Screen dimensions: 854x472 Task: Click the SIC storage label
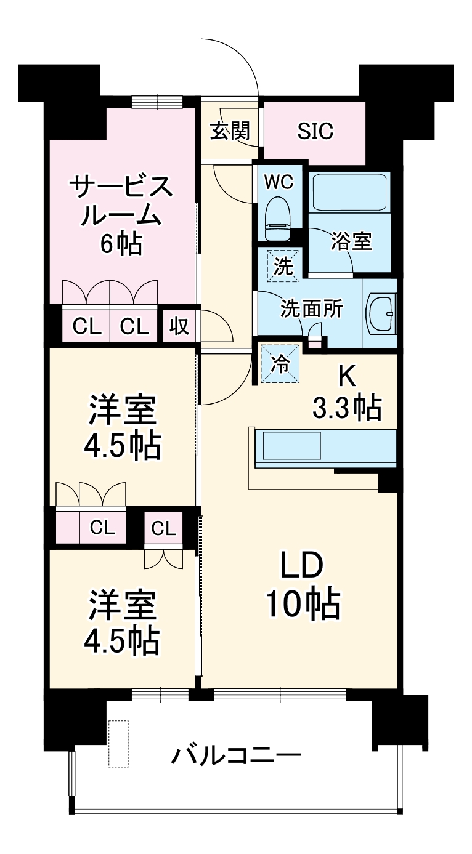pos(315,131)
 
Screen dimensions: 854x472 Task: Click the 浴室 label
pos(351,242)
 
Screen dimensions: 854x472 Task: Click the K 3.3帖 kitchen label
pos(348,392)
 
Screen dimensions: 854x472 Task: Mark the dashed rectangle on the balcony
pos(118,743)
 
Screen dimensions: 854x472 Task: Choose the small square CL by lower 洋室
pos(163,528)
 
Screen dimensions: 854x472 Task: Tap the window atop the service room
pos(157,101)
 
